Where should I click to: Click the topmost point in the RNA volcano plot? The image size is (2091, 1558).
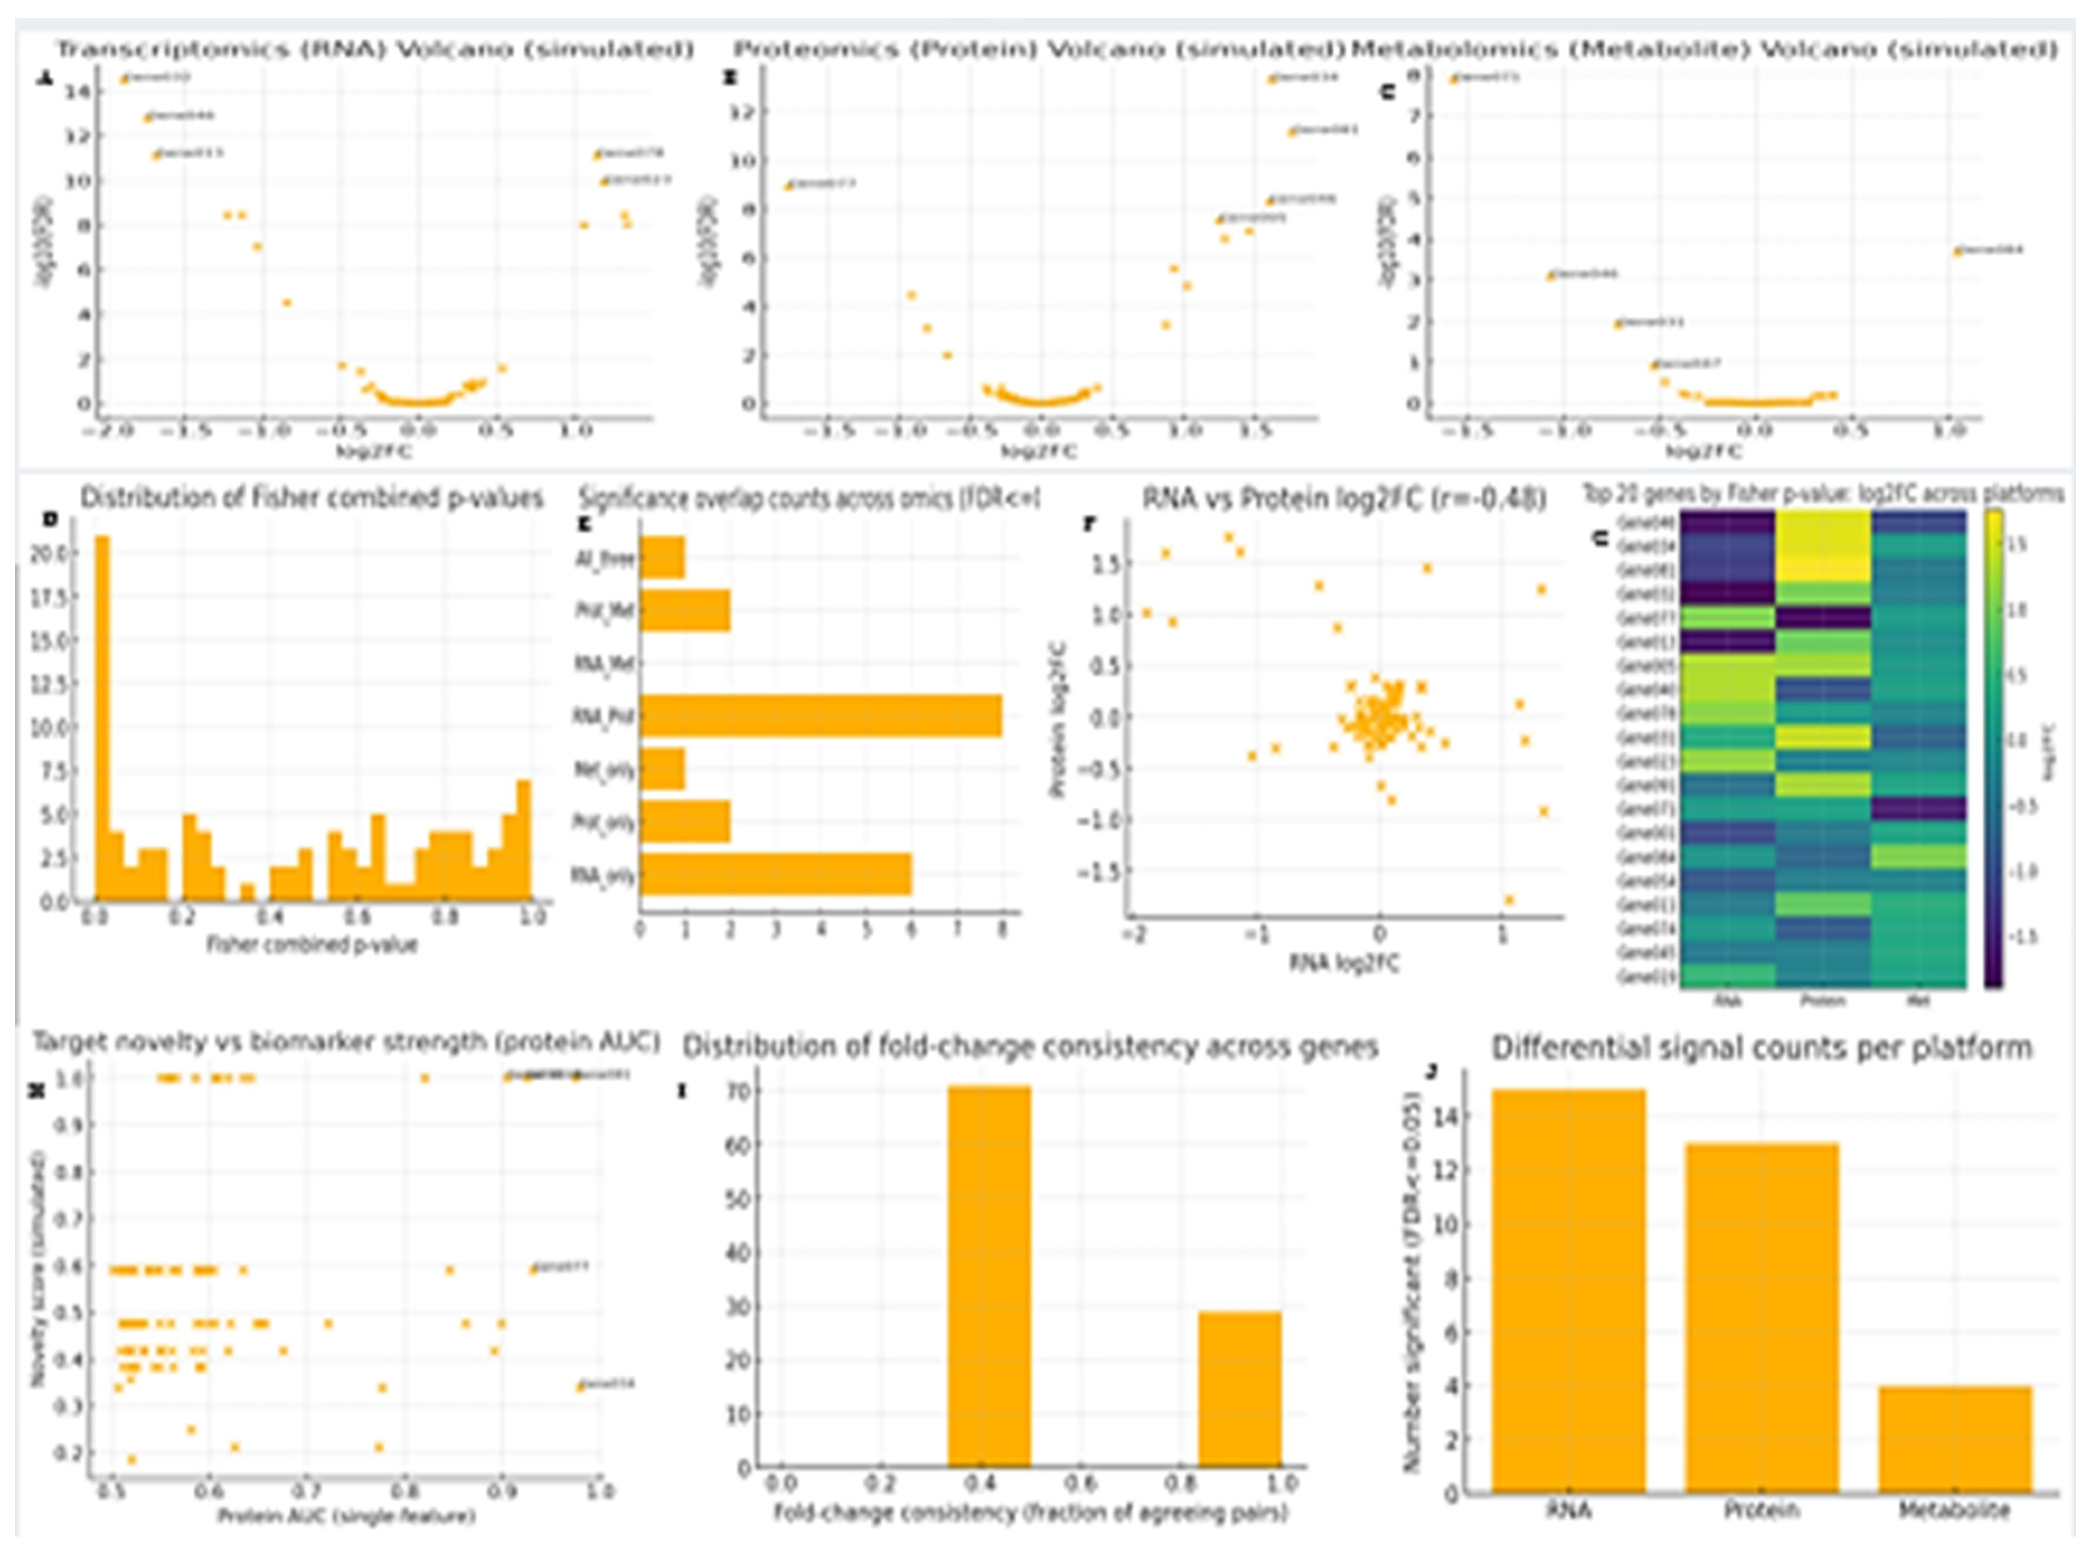(x=124, y=80)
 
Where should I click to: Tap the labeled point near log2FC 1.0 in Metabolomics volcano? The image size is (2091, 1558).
(x=1958, y=252)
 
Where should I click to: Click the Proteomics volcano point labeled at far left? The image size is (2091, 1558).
(x=789, y=186)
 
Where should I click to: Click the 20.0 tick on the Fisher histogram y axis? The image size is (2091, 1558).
(x=56, y=554)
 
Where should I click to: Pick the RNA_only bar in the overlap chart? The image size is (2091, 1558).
(x=775, y=874)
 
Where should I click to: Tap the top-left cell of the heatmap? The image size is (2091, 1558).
(x=1727, y=522)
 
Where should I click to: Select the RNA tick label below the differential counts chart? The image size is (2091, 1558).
(x=1569, y=1510)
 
